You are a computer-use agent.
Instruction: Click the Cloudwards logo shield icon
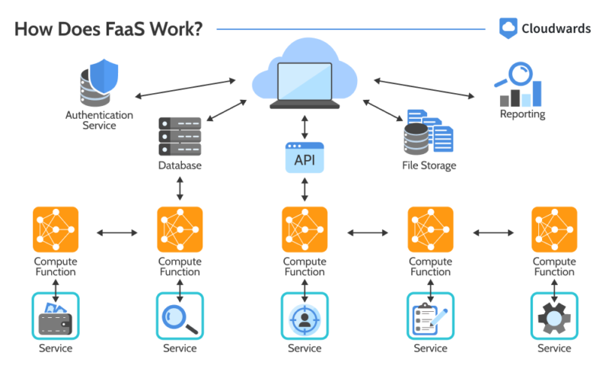pyautogui.click(x=509, y=28)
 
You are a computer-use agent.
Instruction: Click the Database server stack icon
pyautogui.click(x=180, y=136)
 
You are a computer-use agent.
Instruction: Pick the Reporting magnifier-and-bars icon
pyautogui.click(x=521, y=85)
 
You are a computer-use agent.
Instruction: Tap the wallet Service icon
pyautogui.click(x=56, y=316)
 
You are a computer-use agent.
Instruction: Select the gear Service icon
pyautogui.click(x=553, y=316)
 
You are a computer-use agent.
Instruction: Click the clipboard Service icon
pyautogui.click(x=430, y=316)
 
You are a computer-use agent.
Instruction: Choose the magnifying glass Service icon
pyautogui.click(x=180, y=316)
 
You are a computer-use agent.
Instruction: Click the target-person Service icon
pyautogui.click(x=304, y=316)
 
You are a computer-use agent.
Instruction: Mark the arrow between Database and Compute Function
pyautogui.click(x=180, y=188)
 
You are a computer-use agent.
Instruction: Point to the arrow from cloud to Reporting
pyautogui.click(x=423, y=86)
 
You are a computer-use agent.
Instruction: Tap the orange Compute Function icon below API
pyautogui.click(x=304, y=230)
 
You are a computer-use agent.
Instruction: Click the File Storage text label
pyautogui.click(x=429, y=165)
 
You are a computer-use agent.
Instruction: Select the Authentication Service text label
pyautogui.click(x=99, y=120)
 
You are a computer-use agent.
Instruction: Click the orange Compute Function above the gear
pyautogui.click(x=553, y=230)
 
